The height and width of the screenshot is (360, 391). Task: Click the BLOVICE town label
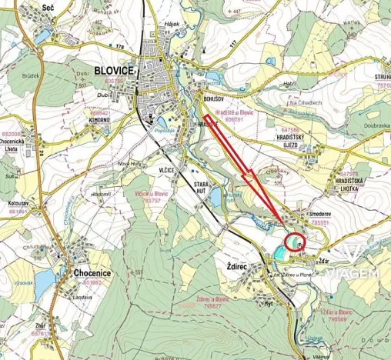pyautogui.click(x=114, y=70)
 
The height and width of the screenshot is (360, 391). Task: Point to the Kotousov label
pyautogui.click(x=18, y=203)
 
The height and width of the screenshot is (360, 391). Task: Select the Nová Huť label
pyautogui.click(x=127, y=163)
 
